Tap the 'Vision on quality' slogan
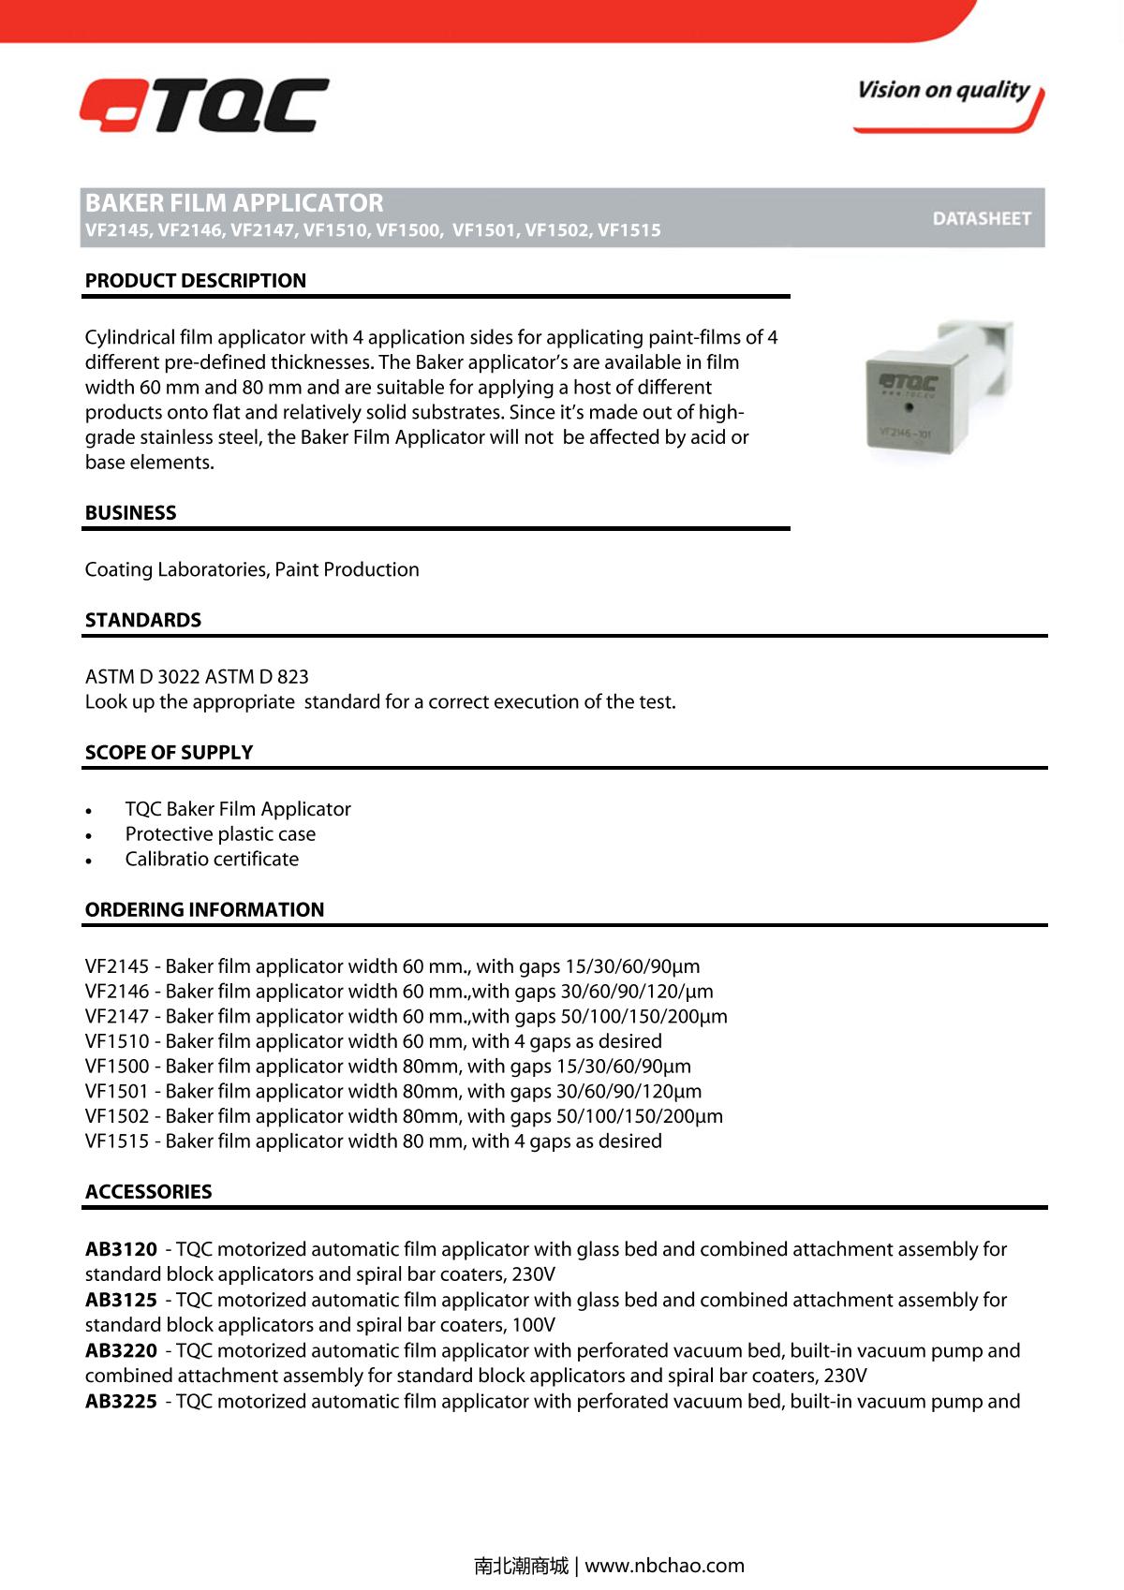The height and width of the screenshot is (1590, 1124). click(942, 91)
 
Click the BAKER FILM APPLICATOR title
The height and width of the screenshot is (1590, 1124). click(234, 203)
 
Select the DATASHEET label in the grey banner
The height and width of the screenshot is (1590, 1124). click(981, 218)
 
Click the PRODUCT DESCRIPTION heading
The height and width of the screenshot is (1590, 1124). click(196, 281)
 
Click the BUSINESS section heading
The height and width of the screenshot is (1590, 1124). click(130, 513)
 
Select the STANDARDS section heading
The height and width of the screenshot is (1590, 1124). click(143, 620)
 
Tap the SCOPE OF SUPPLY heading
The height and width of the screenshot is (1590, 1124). click(169, 753)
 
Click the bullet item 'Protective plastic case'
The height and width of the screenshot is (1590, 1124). click(220, 834)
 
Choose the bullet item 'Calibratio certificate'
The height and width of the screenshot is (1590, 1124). click(212, 860)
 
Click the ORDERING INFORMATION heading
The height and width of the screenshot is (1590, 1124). click(204, 910)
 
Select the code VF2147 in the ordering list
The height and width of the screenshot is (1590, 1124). click(116, 1017)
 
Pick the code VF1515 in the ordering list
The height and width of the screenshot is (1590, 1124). click(116, 1141)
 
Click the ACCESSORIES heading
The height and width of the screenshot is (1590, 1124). click(148, 1192)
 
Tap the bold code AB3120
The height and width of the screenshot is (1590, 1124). click(121, 1250)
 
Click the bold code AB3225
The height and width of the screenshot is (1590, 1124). click(121, 1402)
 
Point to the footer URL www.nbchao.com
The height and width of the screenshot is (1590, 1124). click(664, 1566)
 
